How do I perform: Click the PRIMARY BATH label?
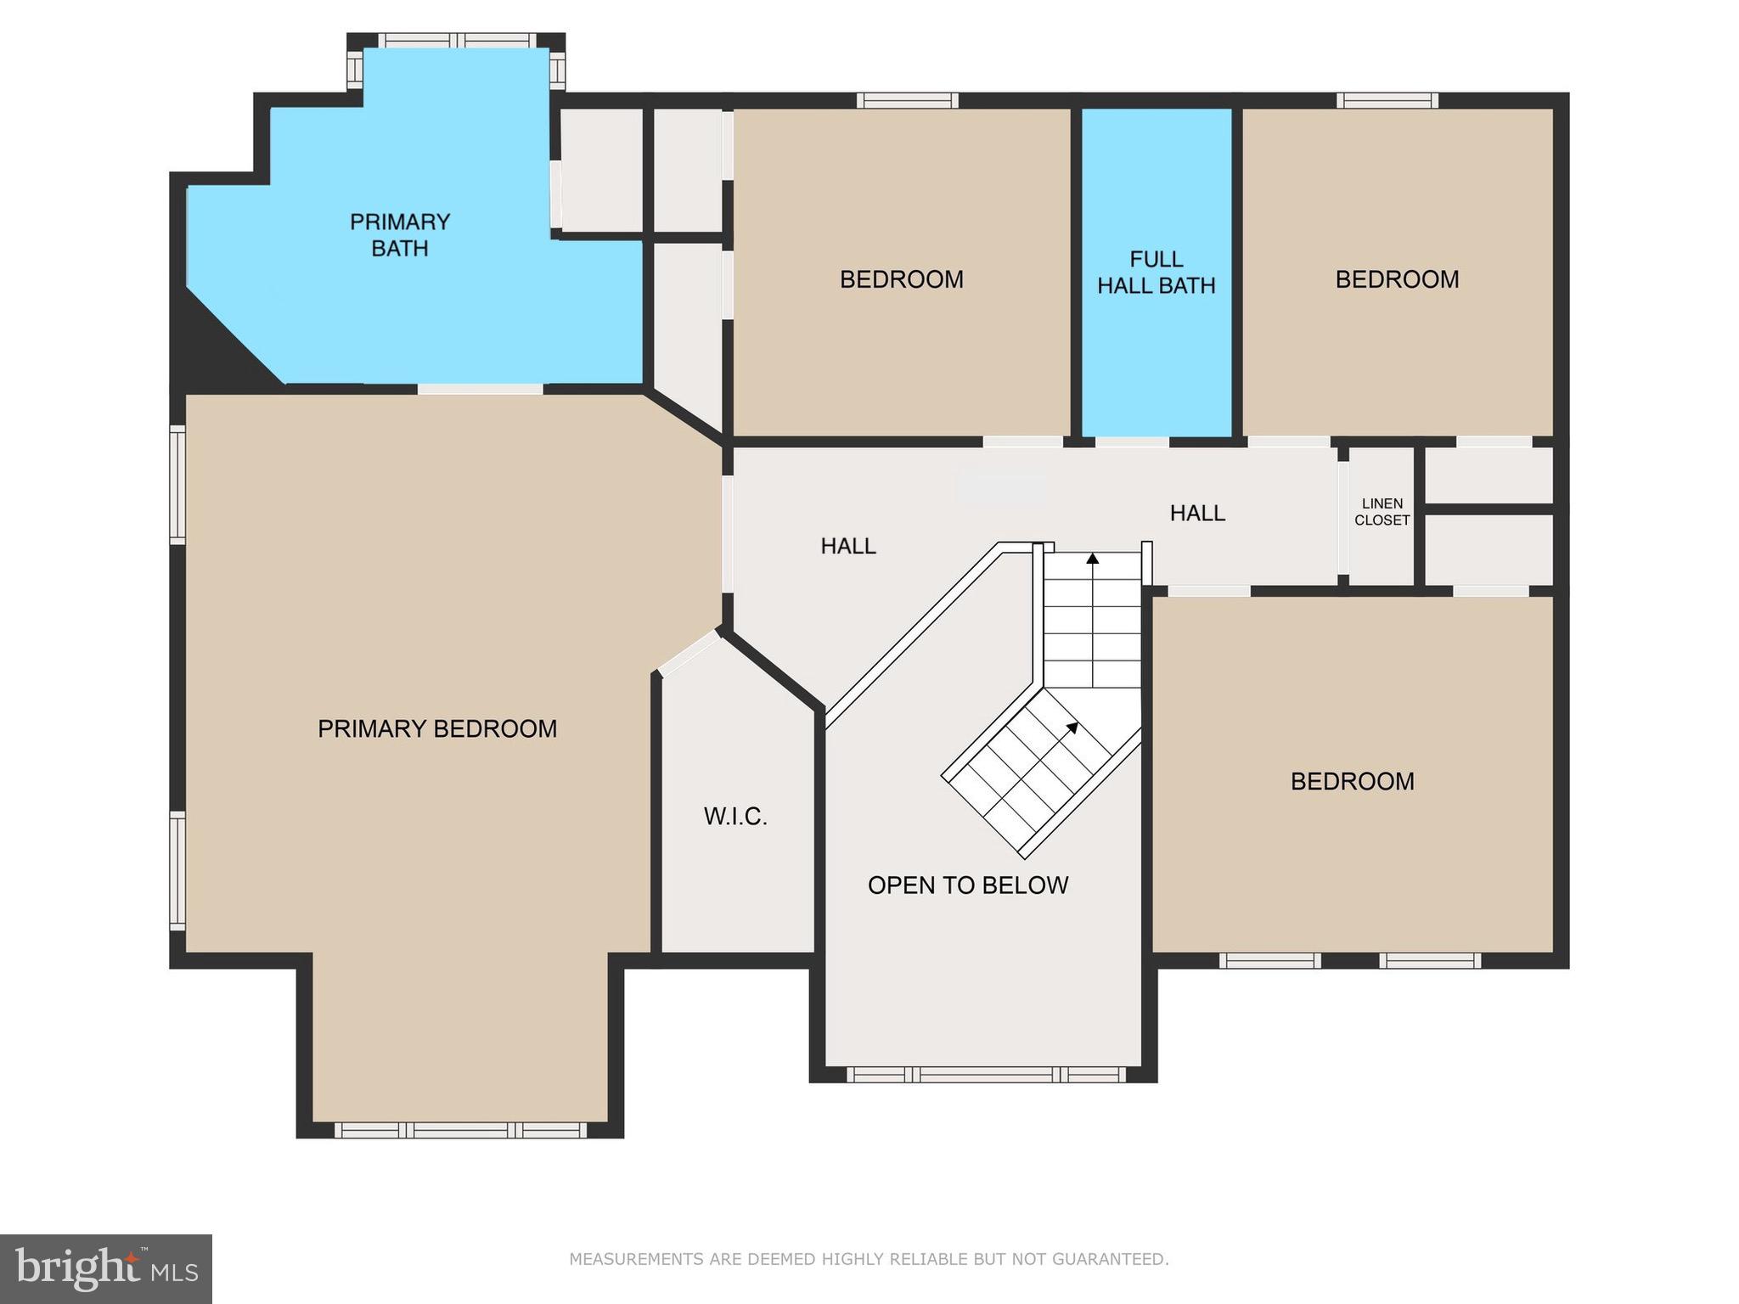pos(399,235)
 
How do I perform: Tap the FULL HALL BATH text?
pos(1156,272)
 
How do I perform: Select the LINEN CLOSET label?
pos(1382,512)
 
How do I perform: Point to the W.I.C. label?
pos(735,817)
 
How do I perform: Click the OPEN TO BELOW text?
pos(967,885)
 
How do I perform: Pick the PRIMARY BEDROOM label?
pos(437,728)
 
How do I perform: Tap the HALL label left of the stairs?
pos(847,546)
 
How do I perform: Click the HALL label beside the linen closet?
pos(1197,513)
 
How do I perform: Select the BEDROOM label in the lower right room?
pos(1352,781)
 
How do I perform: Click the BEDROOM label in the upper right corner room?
pos(1397,279)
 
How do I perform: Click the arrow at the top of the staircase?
pos(1093,559)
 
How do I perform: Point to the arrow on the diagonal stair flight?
pos(1072,728)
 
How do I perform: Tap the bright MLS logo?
pos(106,1269)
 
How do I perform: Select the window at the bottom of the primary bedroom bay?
pos(460,1130)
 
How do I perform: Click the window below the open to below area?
pos(986,1075)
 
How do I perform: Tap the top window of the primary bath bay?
pos(456,40)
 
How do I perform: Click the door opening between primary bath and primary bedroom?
pos(480,389)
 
